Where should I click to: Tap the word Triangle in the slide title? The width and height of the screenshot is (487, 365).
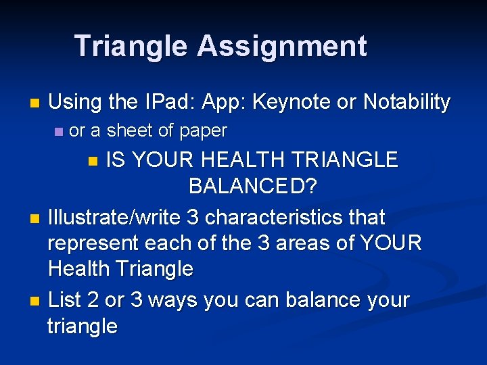tap(131, 46)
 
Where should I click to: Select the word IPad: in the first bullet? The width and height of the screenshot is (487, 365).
tap(168, 102)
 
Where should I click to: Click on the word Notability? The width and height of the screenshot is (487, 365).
tap(406, 102)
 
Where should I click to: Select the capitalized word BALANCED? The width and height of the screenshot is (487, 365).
tap(252, 186)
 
